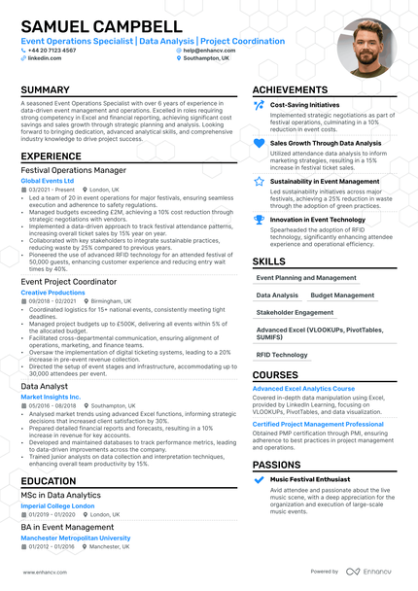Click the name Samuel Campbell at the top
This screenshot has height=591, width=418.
pos(101,26)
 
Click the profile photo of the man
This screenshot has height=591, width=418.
pos(366,48)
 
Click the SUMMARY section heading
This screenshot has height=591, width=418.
pos(46,90)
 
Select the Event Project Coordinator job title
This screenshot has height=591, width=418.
pos(69,282)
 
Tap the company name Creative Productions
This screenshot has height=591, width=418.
pos(52,292)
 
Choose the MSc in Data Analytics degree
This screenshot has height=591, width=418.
pos(60,495)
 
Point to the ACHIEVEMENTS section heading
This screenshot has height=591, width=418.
pos(296,90)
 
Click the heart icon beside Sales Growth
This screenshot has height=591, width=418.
pos(259,143)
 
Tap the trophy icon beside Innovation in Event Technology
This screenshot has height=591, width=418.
pos(259,220)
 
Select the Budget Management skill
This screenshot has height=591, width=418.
pos(341,295)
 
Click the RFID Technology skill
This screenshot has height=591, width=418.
pos(281,355)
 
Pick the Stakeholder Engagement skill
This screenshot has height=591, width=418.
pos(294,313)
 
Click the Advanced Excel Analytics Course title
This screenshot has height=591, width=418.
pos(303,389)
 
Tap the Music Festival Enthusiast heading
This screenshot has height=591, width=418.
pos(309,479)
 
